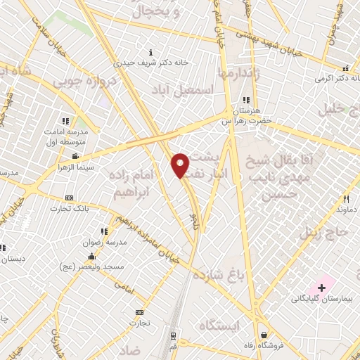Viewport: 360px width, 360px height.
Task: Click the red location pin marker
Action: pos(180,165)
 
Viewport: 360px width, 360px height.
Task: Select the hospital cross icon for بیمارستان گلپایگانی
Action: pos(322,288)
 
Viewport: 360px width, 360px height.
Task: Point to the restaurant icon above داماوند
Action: pos(345,199)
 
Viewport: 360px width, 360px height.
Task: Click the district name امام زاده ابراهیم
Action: pos(136,185)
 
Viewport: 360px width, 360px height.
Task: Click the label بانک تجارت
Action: pos(68,208)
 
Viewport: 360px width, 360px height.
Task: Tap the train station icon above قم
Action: pos(173,337)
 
